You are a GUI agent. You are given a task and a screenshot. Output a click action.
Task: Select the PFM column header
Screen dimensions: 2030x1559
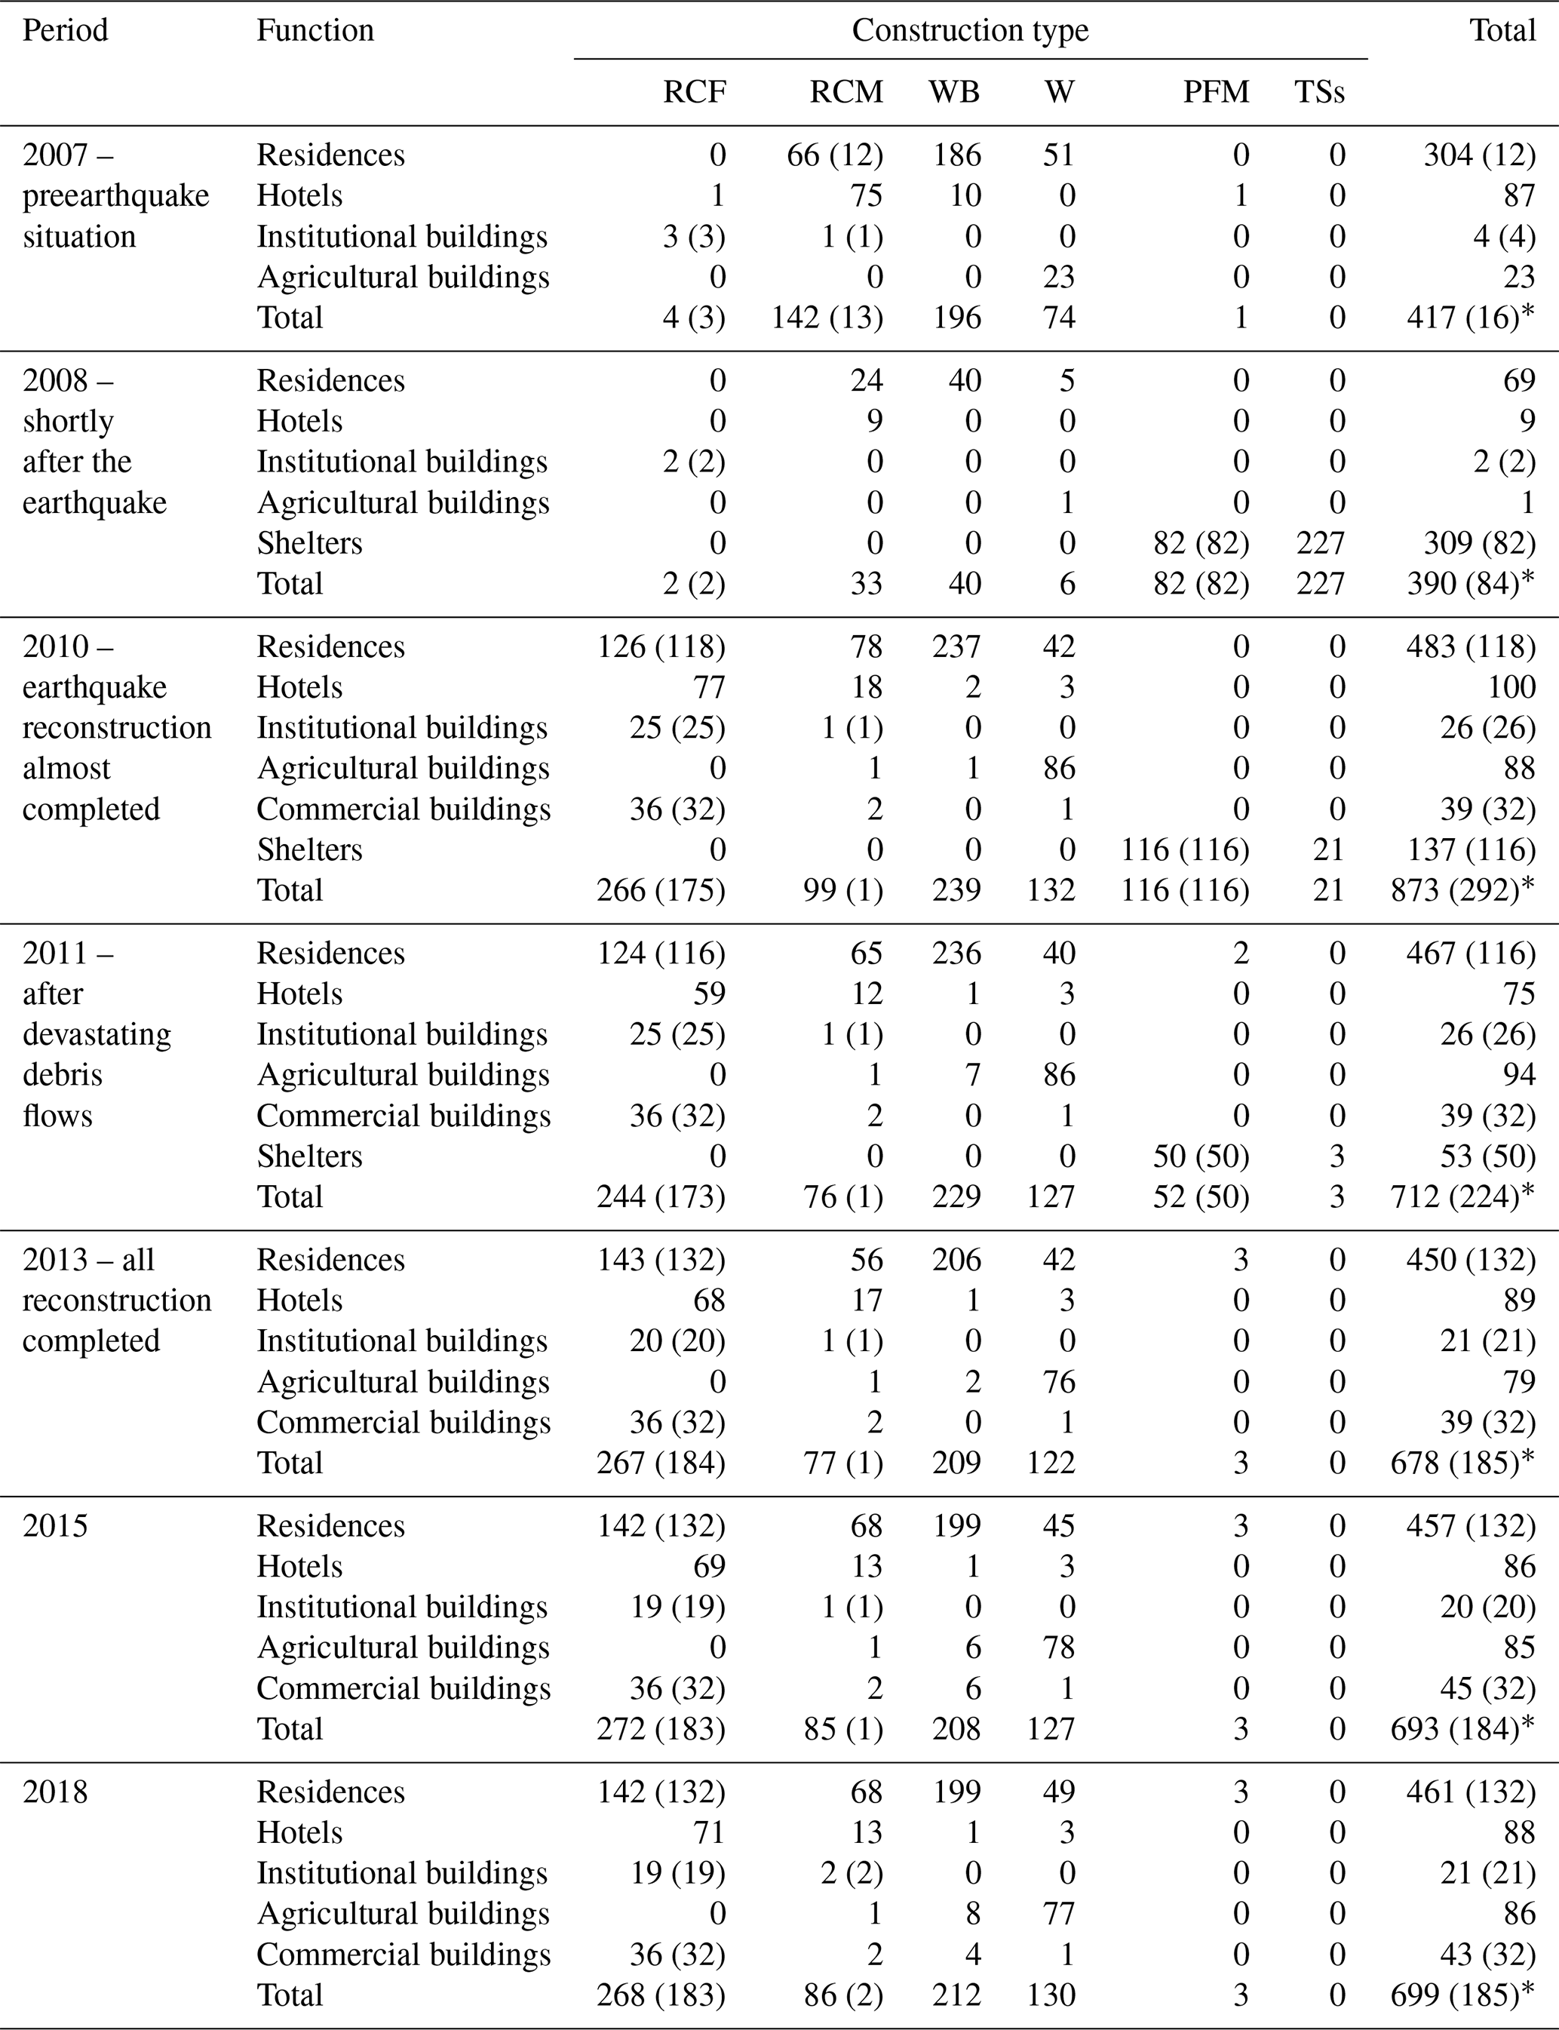click(1216, 92)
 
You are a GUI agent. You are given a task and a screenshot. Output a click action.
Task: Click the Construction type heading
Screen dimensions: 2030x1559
click(970, 31)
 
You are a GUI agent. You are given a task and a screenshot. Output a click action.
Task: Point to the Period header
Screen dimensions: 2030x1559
click(65, 31)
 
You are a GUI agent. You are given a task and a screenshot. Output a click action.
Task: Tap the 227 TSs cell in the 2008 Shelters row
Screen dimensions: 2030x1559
click(1320, 543)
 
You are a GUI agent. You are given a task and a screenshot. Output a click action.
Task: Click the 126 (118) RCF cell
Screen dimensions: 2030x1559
click(661, 646)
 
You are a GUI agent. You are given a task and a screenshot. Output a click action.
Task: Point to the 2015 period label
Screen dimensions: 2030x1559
click(55, 1526)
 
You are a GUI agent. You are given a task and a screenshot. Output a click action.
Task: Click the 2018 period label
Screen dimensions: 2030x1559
click(55, 1792)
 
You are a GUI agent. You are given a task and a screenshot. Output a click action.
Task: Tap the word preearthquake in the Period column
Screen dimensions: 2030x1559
click(116, 196)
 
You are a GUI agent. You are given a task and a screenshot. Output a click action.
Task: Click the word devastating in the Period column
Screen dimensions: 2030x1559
click(97, 1034)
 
